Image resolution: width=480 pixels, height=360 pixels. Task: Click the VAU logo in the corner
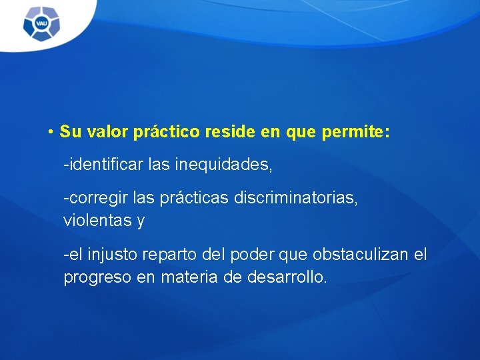(x=41, y=25)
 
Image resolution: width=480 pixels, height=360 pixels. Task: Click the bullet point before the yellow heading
(x=51, y=132)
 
